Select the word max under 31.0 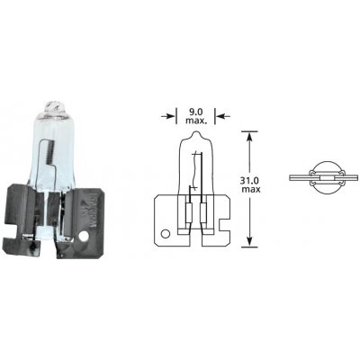pyautogui.click(x=277, y=193)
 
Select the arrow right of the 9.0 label pyautogui.click(x=222, y=113)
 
